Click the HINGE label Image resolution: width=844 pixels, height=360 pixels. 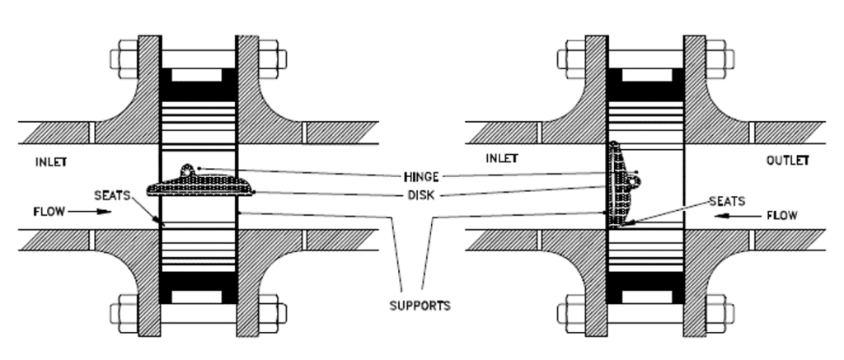(421, 175)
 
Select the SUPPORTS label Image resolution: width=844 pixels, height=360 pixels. (420, 306)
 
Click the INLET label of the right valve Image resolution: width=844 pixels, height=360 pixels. (501, 159)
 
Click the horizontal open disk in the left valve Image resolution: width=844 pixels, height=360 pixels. (198, 188)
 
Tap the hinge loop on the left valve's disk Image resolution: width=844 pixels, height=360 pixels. (190, 169)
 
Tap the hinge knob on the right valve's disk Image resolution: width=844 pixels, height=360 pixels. (637, 174)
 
